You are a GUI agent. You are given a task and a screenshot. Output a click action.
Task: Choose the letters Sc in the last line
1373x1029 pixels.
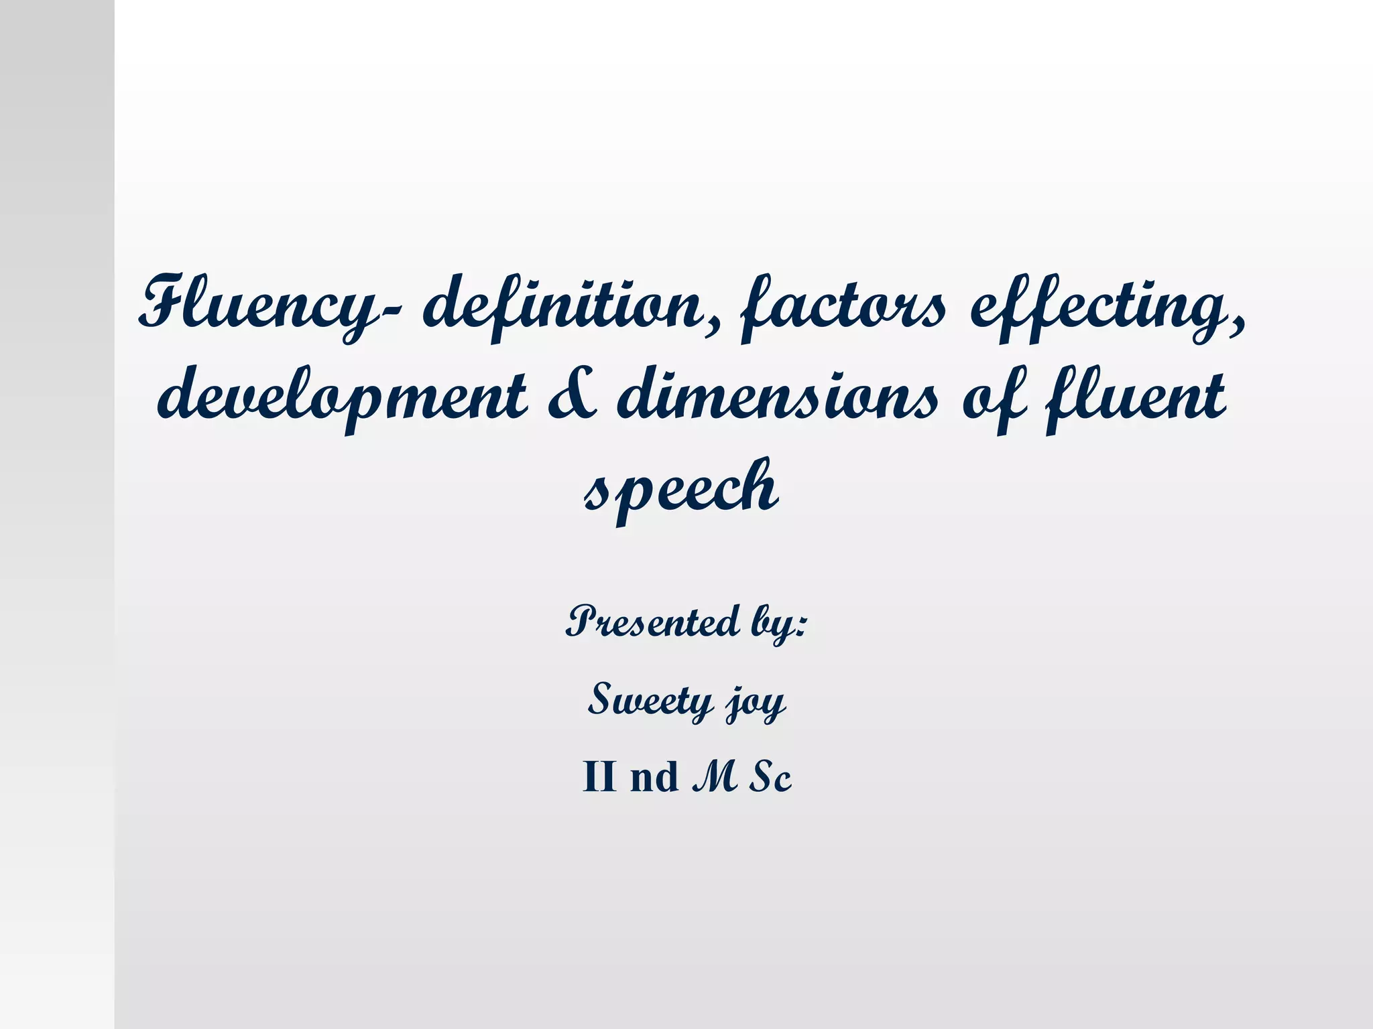(x=771, y=777)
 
